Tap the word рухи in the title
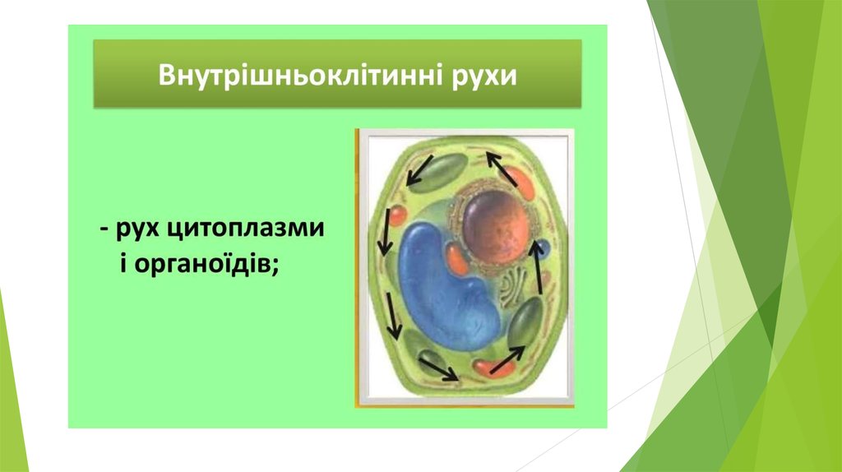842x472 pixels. click(x=484, y=76)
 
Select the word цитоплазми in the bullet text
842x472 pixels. click(x=243, y=229)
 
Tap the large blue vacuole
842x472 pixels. click(x=446, y=285)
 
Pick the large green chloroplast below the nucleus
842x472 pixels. click(x=525, y=322)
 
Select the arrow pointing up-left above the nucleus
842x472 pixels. click(x=502, y=169)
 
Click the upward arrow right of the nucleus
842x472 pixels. click(x=536, y=267)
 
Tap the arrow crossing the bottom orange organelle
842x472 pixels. click(x=507, y=360)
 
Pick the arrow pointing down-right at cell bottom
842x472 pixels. click(x=439, y=370)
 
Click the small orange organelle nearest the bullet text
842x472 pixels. click(x=397, y=215)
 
